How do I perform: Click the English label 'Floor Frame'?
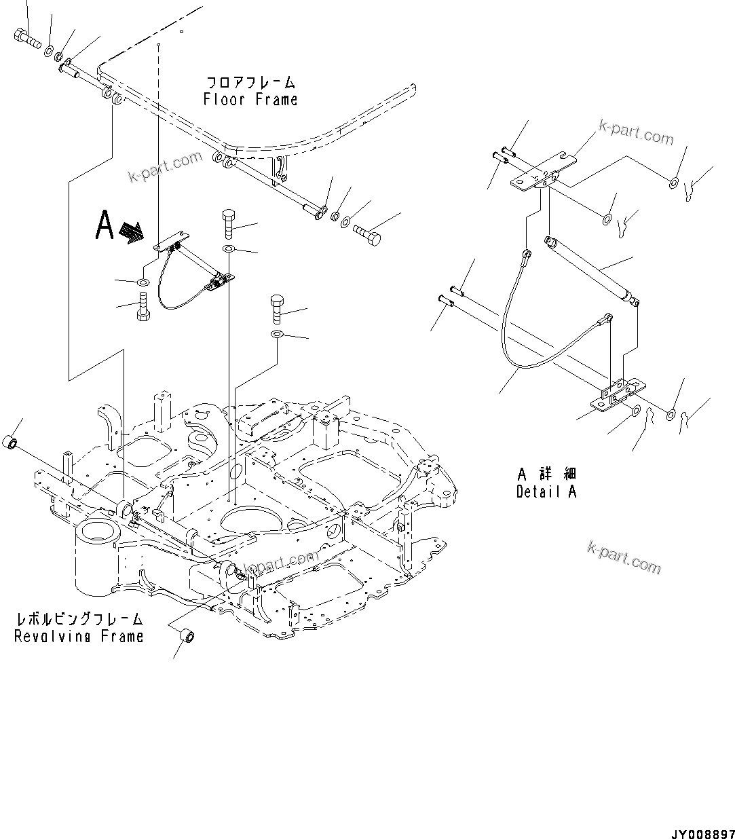[x=250, y=100]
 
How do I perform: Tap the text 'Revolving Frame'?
[x=79, y=636]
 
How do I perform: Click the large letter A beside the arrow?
[x=104, y=226]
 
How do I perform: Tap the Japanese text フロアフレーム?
[x=250, y=83]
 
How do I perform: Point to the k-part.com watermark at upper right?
[x=636, y=133]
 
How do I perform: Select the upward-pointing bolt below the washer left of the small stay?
[x=143, y=306]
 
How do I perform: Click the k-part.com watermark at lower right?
[x=624, y=557]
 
